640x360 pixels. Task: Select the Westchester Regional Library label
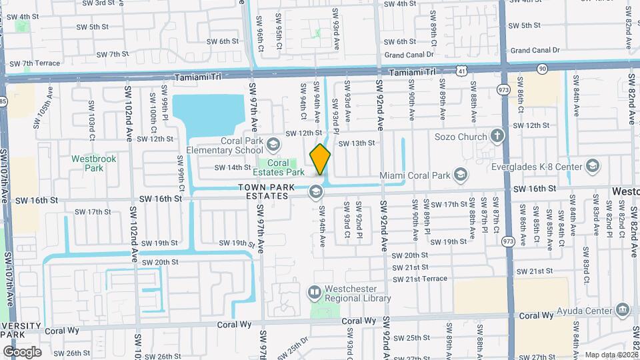click(x=357, y=294)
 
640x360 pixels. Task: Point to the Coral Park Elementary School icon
click(x=273, y=144)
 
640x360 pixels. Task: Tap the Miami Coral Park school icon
click(x=459, y=175)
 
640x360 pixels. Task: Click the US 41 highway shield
click(x=462, y=69)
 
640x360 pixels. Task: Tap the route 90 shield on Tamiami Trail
click(x=542, y=68)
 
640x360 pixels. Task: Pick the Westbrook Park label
click(x=88, y=163)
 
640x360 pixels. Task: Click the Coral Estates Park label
click(x=287, y=168)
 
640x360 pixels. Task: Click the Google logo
click(x=22, y=351)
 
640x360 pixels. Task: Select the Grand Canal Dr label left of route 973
click(x=409, y=54)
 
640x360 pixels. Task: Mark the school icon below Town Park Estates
click(x=315, y=193)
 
